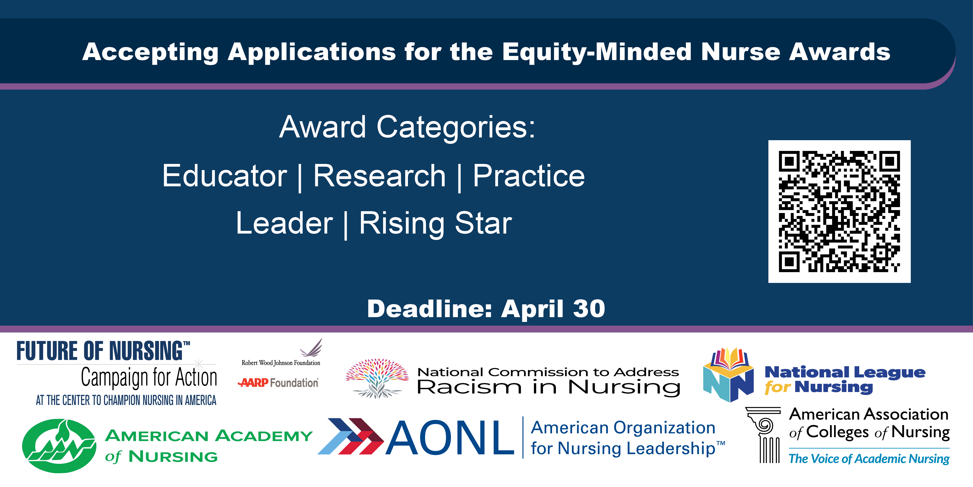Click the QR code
point(839,211)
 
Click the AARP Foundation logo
point(278,383)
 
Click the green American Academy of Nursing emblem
point(59,446)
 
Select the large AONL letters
point(449,438)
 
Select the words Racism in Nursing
point(548,387)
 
